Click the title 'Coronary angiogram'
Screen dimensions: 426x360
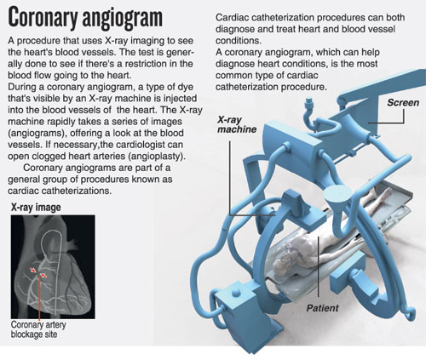[x=85, y=18]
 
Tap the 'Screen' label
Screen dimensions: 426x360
[x=403, y=103]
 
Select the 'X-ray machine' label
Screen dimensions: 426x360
[x=237, y=124]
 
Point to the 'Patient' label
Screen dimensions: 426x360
[x=322, y=308]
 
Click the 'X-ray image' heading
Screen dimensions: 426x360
[x=36, y=207]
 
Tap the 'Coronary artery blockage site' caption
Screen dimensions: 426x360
[x=38, y=329]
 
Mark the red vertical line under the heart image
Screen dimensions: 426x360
[x=39, y=298]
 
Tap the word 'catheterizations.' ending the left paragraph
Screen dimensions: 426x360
[x=60, y=191]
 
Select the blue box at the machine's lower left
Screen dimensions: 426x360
[x=233, y=305]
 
